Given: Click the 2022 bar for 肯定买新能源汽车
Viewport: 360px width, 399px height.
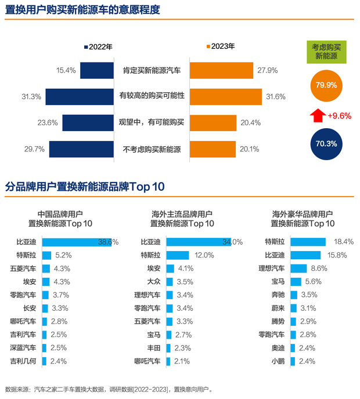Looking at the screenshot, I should click(96, 70).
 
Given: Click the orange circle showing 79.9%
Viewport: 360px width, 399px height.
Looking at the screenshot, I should click(326, 85).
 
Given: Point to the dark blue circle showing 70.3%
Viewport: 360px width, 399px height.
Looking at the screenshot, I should click(326, 143).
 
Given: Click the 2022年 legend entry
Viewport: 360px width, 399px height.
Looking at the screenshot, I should click(99, 47).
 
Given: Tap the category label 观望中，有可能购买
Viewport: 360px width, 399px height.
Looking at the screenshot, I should click(152, 122).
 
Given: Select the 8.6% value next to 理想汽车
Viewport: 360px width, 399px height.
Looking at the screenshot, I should click(319, 269).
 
